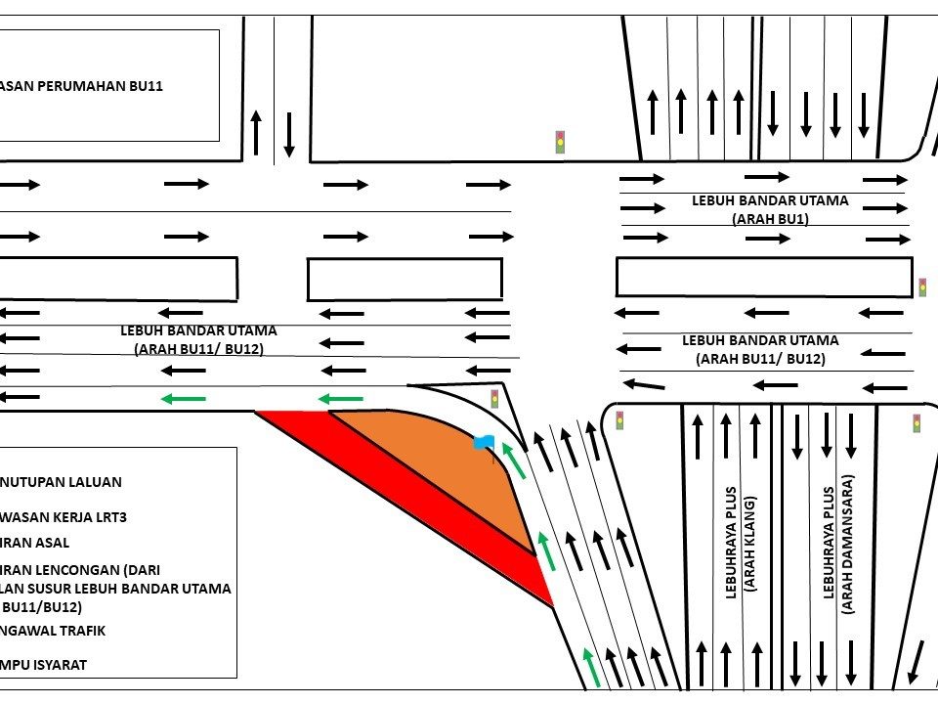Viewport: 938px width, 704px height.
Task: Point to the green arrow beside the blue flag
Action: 514,461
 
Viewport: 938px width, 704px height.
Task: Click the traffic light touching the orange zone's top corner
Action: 494,398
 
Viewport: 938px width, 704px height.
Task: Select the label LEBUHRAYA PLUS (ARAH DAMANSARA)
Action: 837,544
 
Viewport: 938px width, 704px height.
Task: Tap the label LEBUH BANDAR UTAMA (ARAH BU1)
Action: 770,209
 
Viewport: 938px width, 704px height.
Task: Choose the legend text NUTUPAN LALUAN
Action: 61,482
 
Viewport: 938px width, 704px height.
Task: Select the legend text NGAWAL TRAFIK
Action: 53,631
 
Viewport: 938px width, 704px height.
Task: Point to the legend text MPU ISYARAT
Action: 44,665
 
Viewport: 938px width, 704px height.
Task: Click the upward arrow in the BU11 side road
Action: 256,132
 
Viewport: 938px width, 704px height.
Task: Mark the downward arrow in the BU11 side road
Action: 289,134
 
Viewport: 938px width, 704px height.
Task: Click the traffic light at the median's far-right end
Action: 921,287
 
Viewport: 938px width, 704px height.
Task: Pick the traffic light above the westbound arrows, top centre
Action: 560,142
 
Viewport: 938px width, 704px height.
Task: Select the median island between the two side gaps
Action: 405,279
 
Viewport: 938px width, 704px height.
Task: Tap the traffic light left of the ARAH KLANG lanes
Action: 619,420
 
